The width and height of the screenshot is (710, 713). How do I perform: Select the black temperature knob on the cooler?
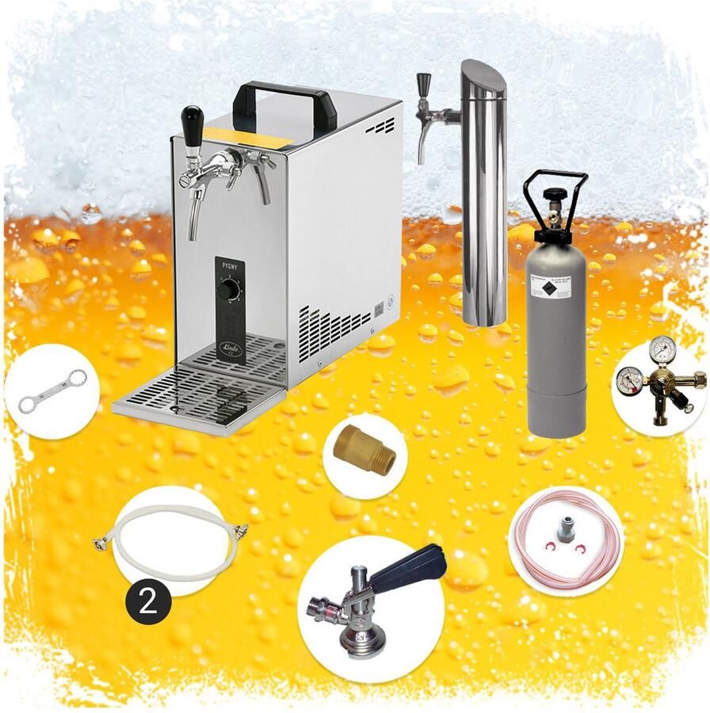[228, 292]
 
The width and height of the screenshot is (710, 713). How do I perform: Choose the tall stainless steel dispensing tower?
[483, 198]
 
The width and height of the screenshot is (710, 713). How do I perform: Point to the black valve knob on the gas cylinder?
[555, 194]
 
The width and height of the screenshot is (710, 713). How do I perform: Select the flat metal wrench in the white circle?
[52, 391]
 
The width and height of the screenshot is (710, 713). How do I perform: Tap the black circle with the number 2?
[147, 602]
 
